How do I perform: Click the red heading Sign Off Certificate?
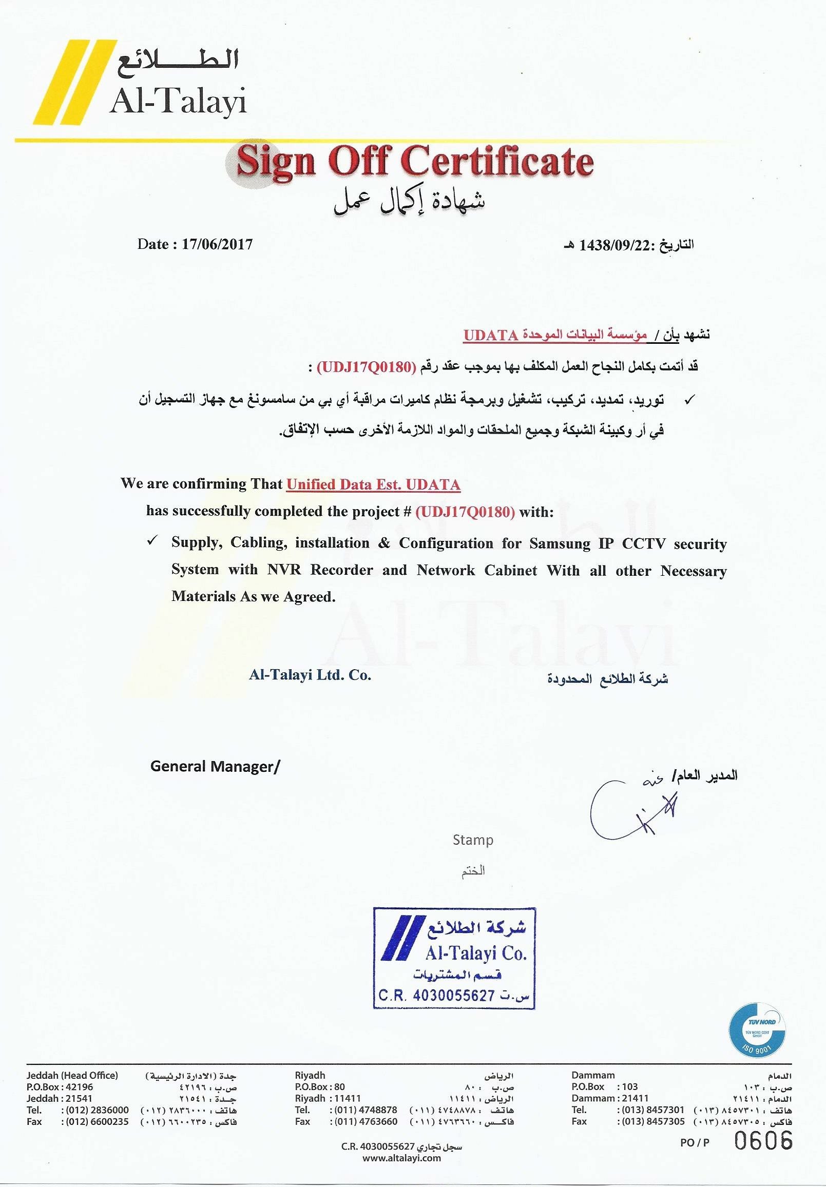pyautogui.click(x=415, y=161)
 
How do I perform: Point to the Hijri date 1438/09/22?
pyautogui.click(x=613, y=245)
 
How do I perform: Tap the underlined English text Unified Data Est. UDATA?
pyautogui.click(x=373, y=484)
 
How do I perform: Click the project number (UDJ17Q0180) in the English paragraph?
pyautogui.click(x=465, y=512)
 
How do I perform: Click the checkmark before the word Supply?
pyautogui.click(x=152, y=541)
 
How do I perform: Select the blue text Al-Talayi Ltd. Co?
pyautogui.click(x=310, y=675)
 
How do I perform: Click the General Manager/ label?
pyautogui.click(x=215, y=766)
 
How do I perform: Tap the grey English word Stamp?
pyautogui.click(x=473, y=840)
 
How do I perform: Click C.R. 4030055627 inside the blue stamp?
pyautogui.click(x=436, y=995)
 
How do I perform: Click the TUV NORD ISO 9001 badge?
pyautogui.click(x=757, y=1030)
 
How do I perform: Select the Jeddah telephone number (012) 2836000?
pyautogui.click(x=97, y=1110)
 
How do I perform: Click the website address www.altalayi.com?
pyautogui.click(x=401, y=1158)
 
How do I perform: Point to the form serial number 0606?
pyautogui.click(x=763, y=1140)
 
